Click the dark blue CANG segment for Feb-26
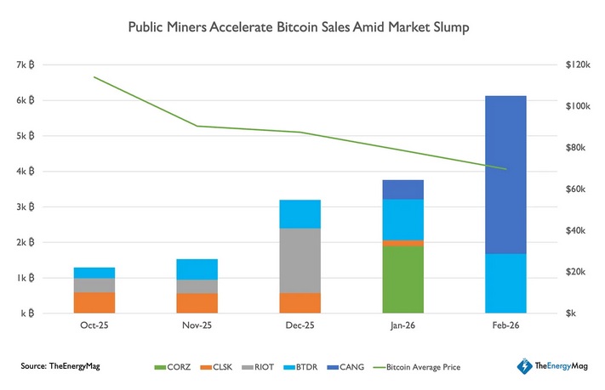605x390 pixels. coord(505,174)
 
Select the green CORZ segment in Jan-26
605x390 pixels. coord(403,280)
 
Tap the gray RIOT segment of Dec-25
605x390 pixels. coord(300,260)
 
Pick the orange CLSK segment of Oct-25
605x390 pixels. coord(94,302)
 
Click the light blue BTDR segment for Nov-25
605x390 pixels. coord(197,269)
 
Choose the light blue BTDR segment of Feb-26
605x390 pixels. coord(505,283)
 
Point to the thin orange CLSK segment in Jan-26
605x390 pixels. coord(403,243)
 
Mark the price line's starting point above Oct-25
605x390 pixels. coord(94,77)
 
